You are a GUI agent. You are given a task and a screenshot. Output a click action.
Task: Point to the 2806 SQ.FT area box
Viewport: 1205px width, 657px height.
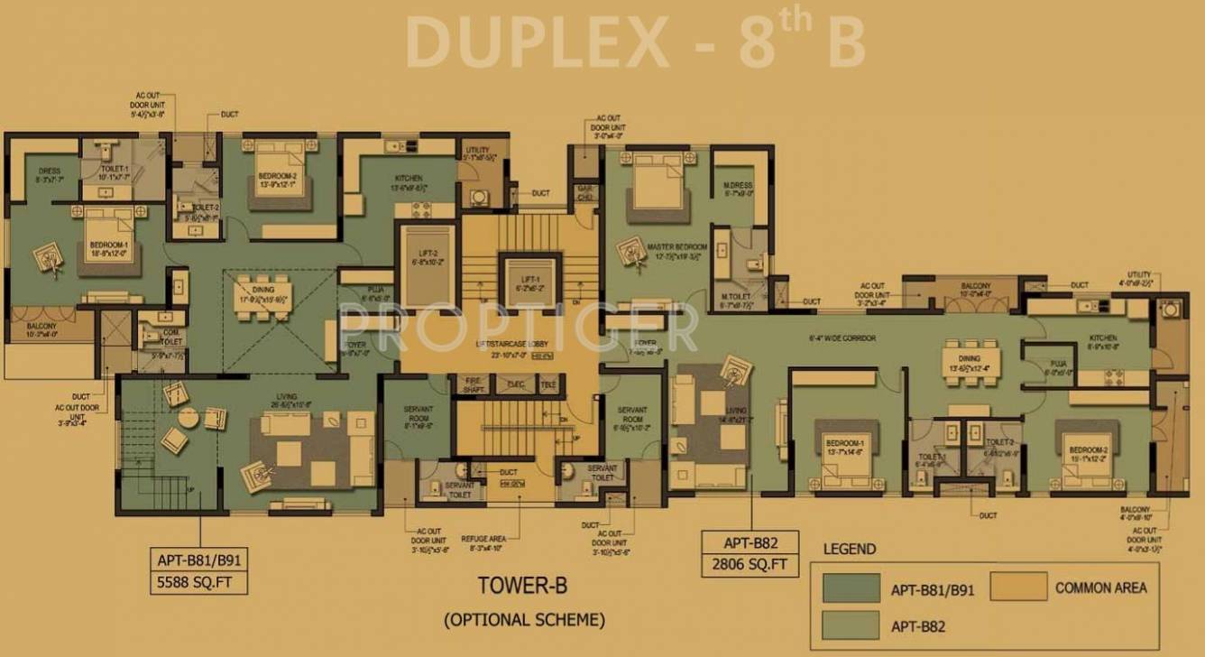[x=749, y=566]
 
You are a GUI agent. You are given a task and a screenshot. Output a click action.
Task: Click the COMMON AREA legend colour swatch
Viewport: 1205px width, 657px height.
[x=1018, y=587]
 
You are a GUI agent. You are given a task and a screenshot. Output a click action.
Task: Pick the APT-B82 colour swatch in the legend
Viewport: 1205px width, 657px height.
[x=851, y=625]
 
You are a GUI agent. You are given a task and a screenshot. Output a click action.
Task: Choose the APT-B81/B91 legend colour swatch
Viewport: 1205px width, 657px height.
[x=851, y=588]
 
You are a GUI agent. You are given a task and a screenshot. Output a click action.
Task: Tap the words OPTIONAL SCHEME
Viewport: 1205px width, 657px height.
[x=523, y=620]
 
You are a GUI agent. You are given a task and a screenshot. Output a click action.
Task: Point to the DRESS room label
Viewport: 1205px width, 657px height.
[x=48, y=174]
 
